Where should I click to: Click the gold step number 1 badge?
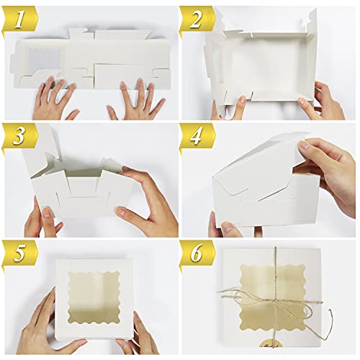(19, 19)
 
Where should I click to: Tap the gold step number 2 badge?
(197, 19)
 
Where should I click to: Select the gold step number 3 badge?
(19, 137)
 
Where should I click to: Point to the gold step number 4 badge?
(197, 137)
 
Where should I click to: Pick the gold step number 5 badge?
(19, 254)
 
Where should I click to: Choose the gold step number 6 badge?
(197, 254)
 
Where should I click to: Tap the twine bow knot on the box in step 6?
(276, 300)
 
